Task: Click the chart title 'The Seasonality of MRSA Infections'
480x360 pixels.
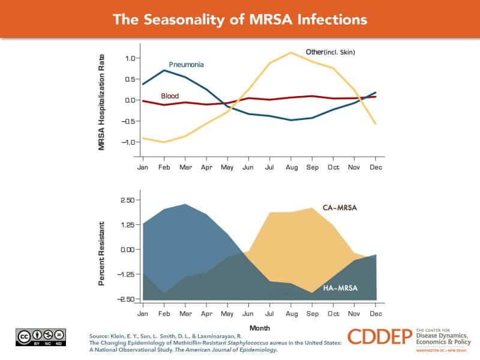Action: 240,19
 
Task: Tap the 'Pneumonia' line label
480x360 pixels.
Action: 185,64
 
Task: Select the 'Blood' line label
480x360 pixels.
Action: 170,96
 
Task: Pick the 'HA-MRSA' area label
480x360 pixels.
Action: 340,288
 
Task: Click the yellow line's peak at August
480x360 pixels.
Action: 291,53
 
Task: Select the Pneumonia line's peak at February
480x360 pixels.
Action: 165,70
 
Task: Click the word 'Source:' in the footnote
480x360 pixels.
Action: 99,337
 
